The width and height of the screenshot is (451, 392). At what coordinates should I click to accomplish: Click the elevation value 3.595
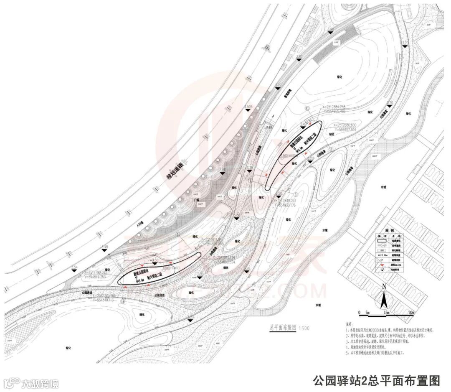(x=249, y=107)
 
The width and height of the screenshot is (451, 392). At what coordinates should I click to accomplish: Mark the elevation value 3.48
(x=104, y=247)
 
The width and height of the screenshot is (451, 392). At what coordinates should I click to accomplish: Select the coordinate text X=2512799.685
(x=90, y=272)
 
